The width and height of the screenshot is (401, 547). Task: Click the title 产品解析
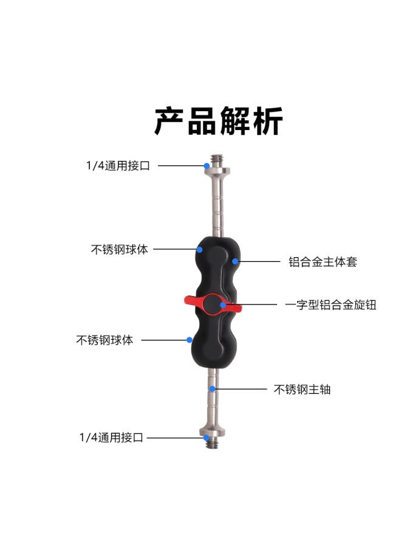pyautogui.click(x=218, y=121)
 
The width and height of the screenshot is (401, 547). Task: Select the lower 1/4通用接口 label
pyautogui.click(x=111, y=438)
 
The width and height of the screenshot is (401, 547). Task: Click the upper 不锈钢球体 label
pyautogui.click(x=119, y=249)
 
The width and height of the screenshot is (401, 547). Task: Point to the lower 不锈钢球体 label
pyautogui.click(x=105, y=340)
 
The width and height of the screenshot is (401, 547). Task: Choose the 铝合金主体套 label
pyautogui.click(x=323, y=263)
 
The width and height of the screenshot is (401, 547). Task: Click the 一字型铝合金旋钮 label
pyautogui.click(x=331, y=305)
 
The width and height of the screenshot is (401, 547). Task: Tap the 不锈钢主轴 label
pyautogui.click(x=302, y=390)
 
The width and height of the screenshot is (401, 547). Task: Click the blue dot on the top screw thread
pyautogui.click(x=207, y=165)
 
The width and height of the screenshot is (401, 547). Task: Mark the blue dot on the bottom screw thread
pyautogui.click(x=207, y=437)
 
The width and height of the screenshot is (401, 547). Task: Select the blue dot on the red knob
pyautogui.click(x=223, y=304)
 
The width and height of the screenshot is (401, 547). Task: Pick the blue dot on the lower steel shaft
pyautogui.click(x=212, y=389)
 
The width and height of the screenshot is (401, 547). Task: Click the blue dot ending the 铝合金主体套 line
pyautogui.click(x=235, y=262)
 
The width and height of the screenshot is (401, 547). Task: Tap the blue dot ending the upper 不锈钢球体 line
pyautogui.click(x=199, y=249)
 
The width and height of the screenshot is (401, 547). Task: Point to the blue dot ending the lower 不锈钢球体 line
pyautogui.click(x=190, y=340)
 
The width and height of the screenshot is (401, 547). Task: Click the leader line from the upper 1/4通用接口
pyautogui.click(x=180, y=165)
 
